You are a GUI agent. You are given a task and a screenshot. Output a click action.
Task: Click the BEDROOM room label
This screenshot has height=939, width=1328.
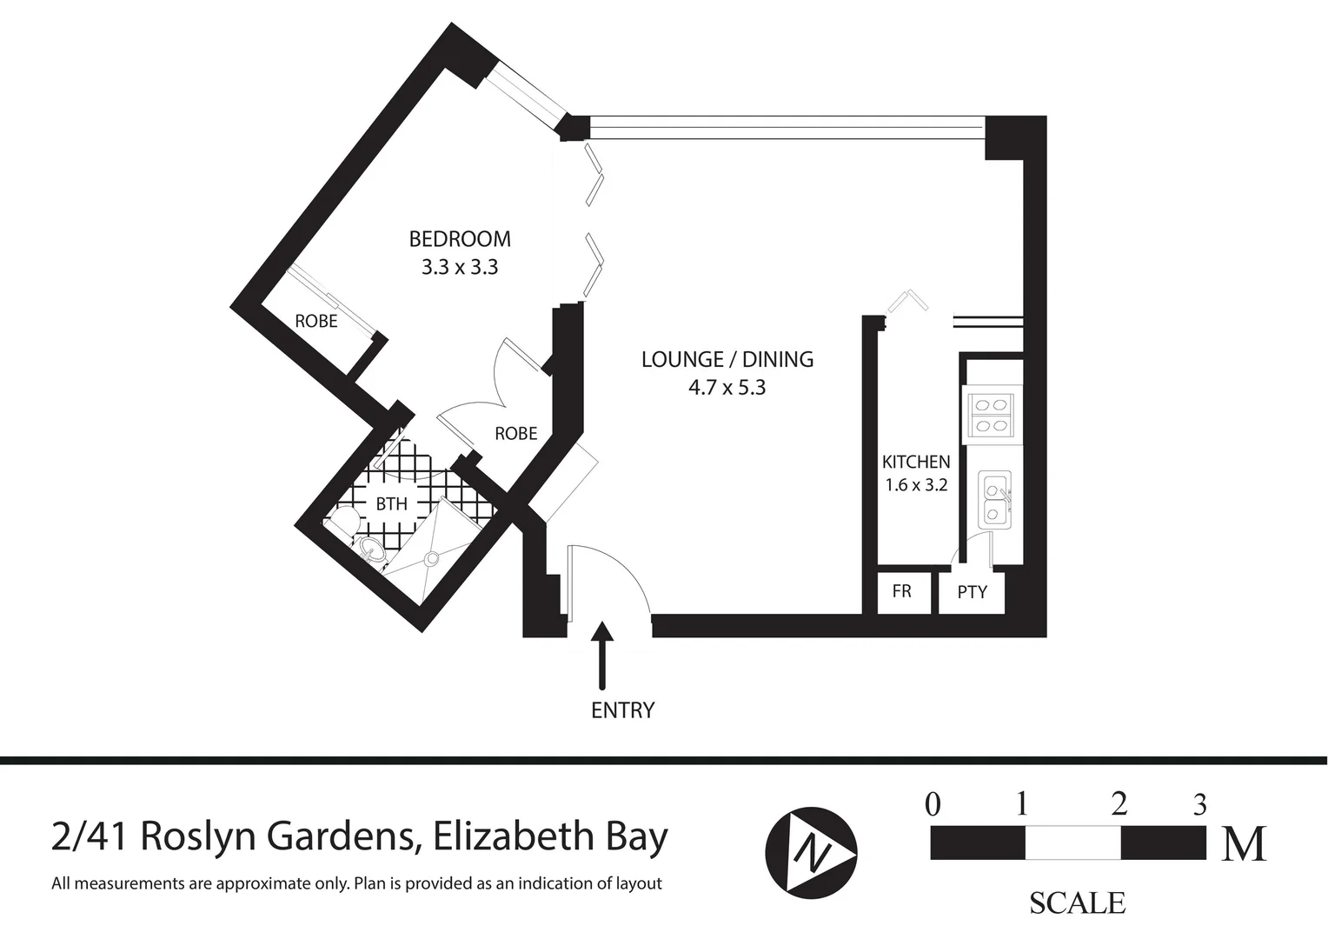coord(460,238)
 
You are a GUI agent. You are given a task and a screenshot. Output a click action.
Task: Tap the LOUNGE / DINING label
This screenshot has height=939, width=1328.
coord(727,359)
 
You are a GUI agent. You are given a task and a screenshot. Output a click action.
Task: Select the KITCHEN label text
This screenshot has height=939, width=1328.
coord(916,462)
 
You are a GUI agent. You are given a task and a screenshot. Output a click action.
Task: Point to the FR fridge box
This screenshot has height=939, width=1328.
coord(902,591)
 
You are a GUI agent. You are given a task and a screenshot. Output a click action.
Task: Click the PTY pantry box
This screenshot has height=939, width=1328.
coord(972,592)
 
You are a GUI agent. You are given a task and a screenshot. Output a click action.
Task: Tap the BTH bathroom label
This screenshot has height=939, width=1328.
coord(391,503)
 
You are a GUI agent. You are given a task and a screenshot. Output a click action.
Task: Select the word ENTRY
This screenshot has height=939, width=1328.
coord(622,710)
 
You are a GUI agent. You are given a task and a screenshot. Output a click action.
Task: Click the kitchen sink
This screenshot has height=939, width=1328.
coord(993,501)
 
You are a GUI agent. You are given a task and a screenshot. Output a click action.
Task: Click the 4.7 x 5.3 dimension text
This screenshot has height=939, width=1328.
coord(727,388)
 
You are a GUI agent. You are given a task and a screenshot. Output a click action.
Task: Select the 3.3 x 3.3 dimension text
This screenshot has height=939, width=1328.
coord(460,268)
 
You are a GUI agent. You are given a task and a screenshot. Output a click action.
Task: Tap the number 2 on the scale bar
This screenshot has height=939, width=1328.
coord(1119,803)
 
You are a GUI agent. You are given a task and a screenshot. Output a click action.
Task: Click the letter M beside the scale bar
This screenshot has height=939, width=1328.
coord(1245,843)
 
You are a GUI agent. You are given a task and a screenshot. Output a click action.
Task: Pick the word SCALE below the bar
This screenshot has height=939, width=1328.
coord(1077,903)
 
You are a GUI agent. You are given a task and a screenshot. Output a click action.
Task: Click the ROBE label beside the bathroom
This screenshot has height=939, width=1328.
coord(516,433)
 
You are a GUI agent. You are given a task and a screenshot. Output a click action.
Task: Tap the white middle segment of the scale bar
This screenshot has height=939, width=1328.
coord(1072,842)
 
